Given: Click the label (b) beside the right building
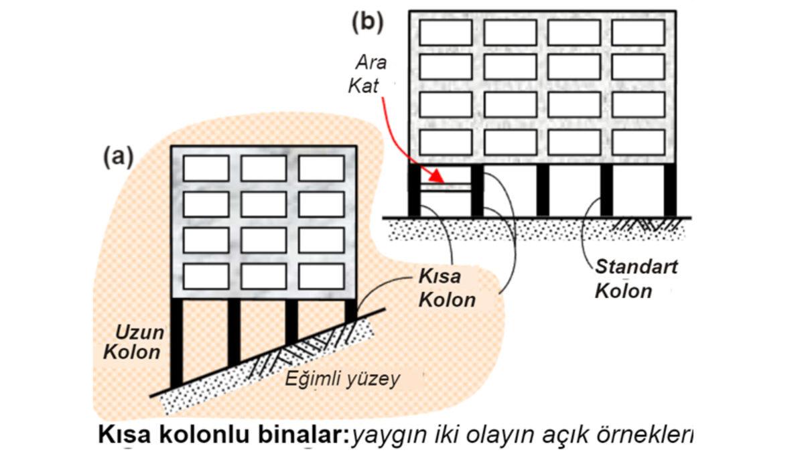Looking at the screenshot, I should pos(368,22).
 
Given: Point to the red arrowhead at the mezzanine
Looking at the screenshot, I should pos(436,179).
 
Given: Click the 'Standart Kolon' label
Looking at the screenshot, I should pos(635,279).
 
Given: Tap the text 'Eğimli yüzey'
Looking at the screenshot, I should pos(342,379).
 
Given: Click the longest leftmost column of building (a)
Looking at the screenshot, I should pos(177,342).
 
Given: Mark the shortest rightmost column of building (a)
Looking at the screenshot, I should pos(350,310).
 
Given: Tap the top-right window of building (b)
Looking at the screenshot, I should pos(638,32).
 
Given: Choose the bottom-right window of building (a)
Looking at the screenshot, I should pos(322,276).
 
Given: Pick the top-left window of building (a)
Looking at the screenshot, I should pos(206,168).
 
